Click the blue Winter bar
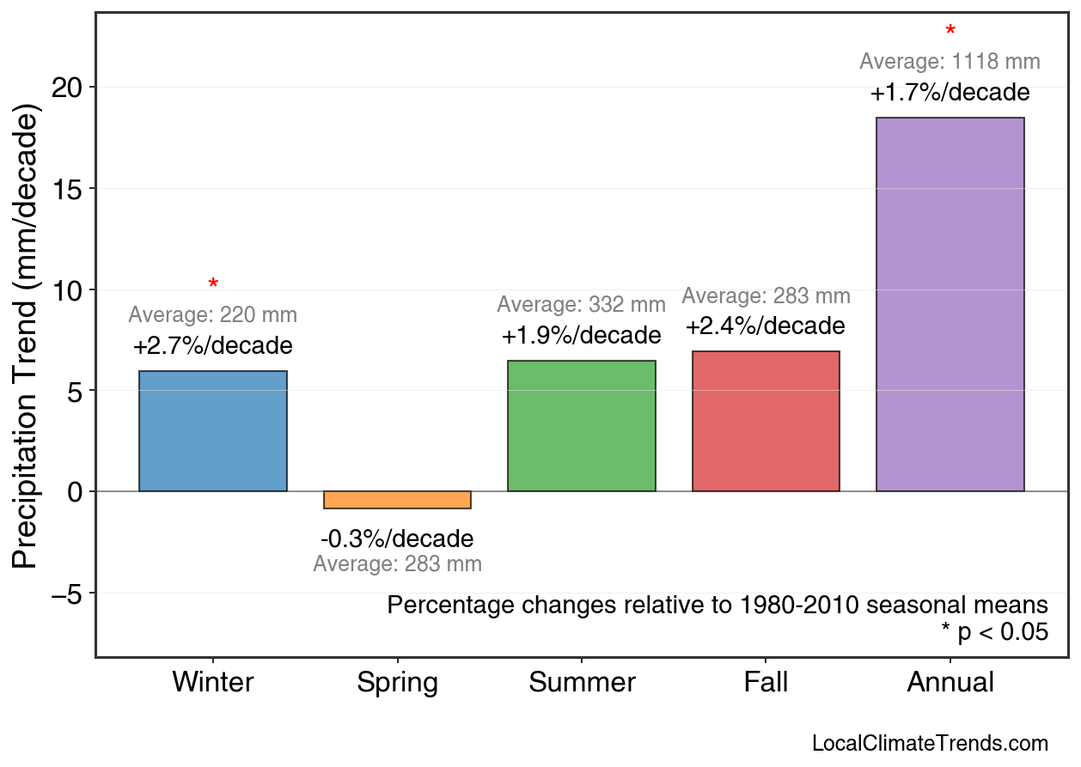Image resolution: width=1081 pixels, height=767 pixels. click(x=213, y=431)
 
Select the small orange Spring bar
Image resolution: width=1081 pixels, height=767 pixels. click(x=397, y=500)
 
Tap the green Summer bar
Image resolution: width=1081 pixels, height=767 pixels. click(x=582, y=426)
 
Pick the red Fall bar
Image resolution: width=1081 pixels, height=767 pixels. click(x=766, y=421)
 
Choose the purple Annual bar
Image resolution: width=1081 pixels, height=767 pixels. click(x=950, y=304)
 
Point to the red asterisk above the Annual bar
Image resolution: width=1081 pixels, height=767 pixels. click(x=950, y=32)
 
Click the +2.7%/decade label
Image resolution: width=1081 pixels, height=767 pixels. click(x=213, y=346)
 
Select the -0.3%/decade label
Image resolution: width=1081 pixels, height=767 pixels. click(x=397, y=539)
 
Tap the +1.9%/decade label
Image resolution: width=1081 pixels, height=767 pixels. click(x=582, y=335)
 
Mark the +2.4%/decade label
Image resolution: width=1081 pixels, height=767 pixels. click(x=766, y=326)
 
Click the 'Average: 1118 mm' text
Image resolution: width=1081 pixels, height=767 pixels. click(x=950, y=62)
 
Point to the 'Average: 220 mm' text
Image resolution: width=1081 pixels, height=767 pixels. click(x=213, y=315)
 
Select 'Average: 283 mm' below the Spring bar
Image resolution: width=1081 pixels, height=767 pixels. click(x=397, y=564)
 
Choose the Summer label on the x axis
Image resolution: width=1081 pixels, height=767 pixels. click(x=582, y=683)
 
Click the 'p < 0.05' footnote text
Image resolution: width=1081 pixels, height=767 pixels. click(x=995, y=632)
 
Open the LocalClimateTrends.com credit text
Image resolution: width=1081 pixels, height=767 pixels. click(x=930, y=743)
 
